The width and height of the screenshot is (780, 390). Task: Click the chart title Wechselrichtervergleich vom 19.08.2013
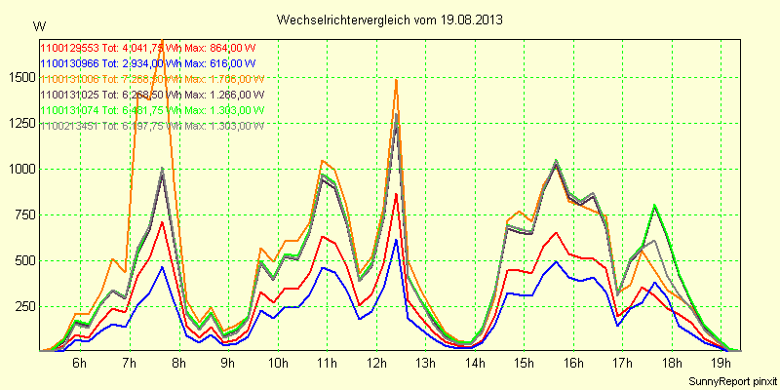(x=390, y=19)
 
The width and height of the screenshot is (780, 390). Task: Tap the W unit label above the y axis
(x=38, y=24)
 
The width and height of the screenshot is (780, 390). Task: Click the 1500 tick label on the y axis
(x=19, y=77)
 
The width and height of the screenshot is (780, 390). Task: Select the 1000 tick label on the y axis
(x=19, y=169)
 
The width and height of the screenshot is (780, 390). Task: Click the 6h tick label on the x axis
(x=79, y=364)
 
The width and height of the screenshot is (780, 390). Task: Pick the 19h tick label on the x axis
(x=721, y=364)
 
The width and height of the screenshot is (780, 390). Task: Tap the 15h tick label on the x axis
(x=524, y=364)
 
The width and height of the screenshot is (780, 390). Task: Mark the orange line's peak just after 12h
(x=396, y=80)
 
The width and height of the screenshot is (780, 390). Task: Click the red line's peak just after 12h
(x=396, y=193)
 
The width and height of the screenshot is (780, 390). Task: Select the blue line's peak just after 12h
(x=396, y=239)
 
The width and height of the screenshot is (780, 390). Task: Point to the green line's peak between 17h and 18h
(x=655, y=205)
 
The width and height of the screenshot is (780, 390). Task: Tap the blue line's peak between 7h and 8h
(x=163, y=266)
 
